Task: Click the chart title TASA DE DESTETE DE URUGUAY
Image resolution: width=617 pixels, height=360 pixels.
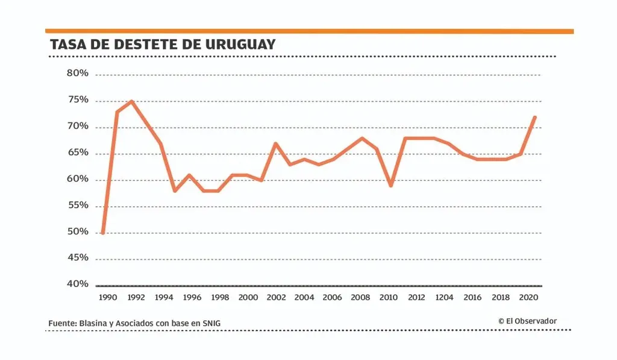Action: pyautogui.click(x=163, y=45)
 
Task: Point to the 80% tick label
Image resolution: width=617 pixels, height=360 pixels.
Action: pyautogui.click(x=77, y=74)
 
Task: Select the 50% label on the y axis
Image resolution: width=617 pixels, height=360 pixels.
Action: pyautogui.click(x=77, y=232)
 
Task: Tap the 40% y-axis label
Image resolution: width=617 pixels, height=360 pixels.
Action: pyautogui.click(x=77, y=284)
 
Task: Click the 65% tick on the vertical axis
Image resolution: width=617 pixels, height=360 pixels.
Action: pyautogui.click(x=77, y=153)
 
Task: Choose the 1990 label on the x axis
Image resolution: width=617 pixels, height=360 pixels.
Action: pyautogui.click(x=107, y=298)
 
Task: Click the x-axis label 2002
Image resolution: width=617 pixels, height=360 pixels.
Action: pyautogui.click(x=276, y=298)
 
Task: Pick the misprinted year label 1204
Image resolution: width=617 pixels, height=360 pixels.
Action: pyautogui.click(x=445, y=298)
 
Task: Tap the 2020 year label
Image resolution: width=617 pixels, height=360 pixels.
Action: pyautogui.click(x=528, y=298)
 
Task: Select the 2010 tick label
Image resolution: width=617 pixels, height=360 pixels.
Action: pyautogui.click(x=389, y=298)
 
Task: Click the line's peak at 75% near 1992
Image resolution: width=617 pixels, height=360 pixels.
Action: pyautogui.click(x=131, y=101)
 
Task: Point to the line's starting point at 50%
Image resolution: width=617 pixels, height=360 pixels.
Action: pyautogui.click(x=103, y=233)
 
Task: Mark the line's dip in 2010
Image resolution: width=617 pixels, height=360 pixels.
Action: pyautogui.click(x=390, y=185)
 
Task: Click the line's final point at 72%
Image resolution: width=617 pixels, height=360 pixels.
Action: pyautogui.click(x=534, y=117)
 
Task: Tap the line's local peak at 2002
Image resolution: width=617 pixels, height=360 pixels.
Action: pyautogui.click(x=275, y=144)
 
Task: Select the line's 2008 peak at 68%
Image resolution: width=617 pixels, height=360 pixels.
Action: pyautogui.click(x=362, y=138)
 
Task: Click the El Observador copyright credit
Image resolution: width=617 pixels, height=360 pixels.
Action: pyautogui.click(x=527, y=321)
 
